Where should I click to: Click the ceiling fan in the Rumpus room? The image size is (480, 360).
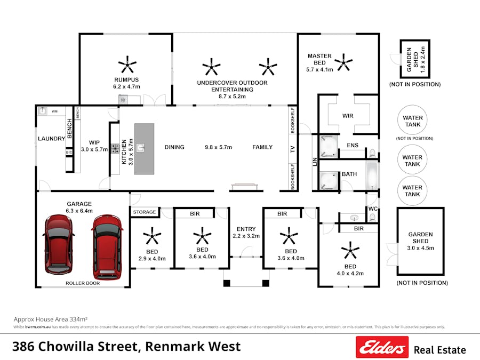(127, 65)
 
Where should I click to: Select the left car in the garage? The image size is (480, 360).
(59, 244)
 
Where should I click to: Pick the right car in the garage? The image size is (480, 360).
(107, 244)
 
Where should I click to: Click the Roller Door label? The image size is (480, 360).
(82, 283)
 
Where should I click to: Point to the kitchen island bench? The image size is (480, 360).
(144, 149)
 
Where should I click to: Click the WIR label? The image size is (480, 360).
(348, 116)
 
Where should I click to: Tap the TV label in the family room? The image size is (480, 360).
(292, 150)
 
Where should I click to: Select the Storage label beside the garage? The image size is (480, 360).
(145, 212)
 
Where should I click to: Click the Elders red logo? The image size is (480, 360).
(382, 347)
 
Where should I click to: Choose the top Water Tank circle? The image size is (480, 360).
(412, 121)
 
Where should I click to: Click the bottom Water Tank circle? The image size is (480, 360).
(412, 190)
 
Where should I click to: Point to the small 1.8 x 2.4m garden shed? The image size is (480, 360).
(415, 59)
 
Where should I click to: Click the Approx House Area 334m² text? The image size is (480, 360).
(50, 319)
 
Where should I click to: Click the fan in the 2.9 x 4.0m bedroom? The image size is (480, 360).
(152, 235)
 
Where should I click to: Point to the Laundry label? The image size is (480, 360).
(51, 139)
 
